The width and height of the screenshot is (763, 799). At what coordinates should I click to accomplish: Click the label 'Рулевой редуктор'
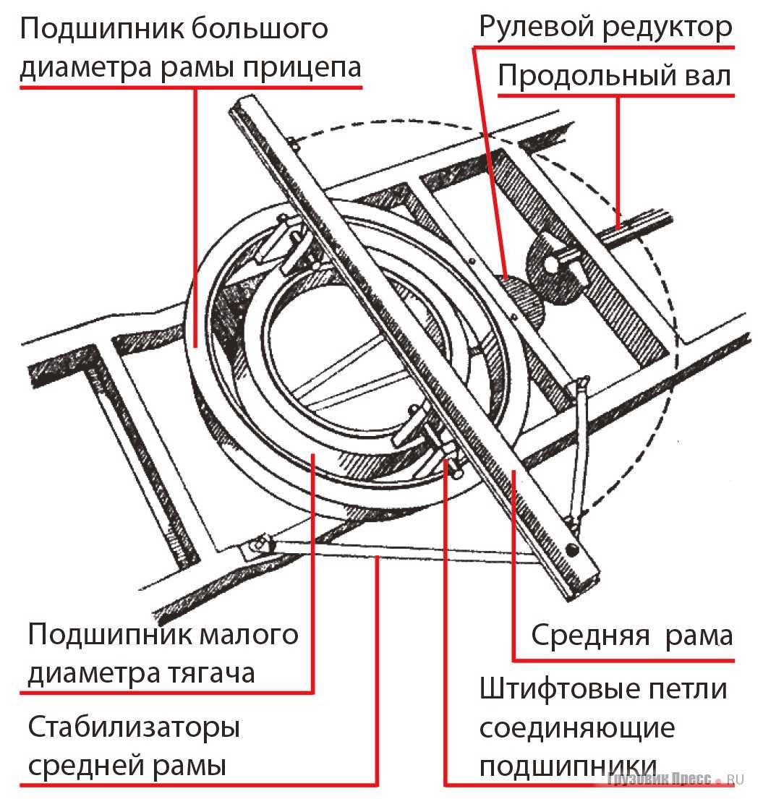[605, 27]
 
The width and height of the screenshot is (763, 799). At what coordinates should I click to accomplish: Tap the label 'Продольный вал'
[615, 77]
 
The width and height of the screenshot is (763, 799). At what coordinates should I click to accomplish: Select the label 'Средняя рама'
[631, 636]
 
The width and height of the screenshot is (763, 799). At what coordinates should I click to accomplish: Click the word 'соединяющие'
[576, 727]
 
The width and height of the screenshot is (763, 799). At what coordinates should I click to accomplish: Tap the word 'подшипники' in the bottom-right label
[567, 765]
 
